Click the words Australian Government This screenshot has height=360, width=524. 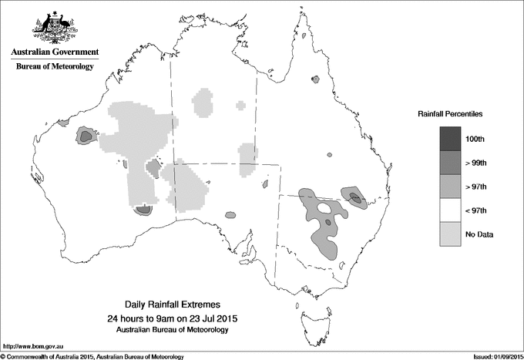point(54,52)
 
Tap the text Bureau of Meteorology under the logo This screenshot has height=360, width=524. point(54,67)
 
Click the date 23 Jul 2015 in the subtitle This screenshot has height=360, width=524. point(210,318)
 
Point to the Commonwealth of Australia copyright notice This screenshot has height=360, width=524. point(92,356)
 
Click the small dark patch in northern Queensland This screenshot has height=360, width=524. point(314,79)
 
